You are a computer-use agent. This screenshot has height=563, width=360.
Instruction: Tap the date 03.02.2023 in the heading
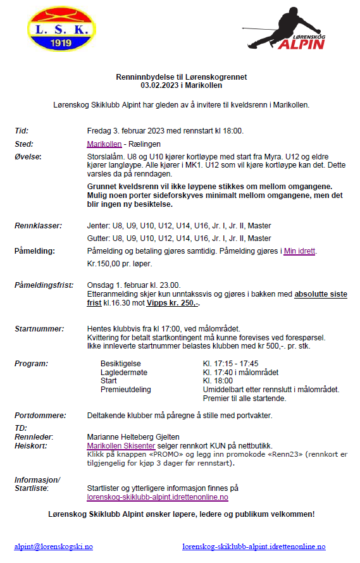coord(159,85)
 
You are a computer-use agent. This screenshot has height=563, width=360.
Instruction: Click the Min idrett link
coord(299,251)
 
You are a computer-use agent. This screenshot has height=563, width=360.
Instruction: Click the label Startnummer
coord(39,328)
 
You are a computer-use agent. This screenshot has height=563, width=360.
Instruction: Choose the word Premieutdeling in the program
coord(125,390)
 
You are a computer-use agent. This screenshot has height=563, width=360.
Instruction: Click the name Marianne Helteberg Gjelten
coord(134,437)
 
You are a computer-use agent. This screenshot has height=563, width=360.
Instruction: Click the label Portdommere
coord(40,416)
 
